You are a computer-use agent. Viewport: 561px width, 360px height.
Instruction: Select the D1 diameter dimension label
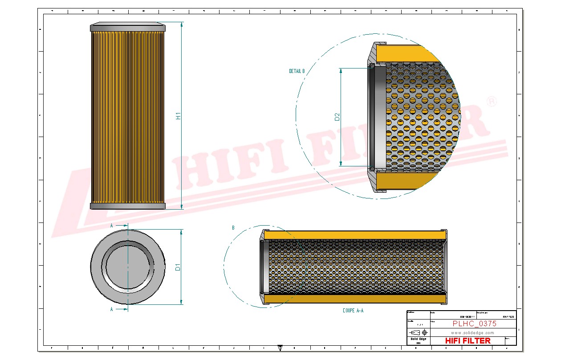(x=178, y=267)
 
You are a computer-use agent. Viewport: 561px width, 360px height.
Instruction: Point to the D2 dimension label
(x=337, y=117)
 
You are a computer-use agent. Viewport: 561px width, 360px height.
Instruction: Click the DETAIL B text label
(x=297, y=71)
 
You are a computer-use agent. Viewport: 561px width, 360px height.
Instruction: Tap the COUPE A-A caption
(x=353, y=311)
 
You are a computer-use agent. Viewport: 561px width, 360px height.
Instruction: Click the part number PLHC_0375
(x=474, y=324)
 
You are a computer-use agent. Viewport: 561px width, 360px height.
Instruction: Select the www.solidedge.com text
(x=472, y=332)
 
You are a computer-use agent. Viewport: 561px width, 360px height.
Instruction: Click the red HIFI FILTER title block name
(x=467, y=340)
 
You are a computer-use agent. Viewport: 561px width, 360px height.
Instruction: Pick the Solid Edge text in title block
(x=418, y=339)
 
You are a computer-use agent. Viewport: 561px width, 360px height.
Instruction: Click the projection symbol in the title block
(x=418, y=332)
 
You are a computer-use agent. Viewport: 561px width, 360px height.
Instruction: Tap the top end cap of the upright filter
(x=128, y=28)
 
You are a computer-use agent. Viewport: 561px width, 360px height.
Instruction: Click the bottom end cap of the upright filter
(x=128, y=206)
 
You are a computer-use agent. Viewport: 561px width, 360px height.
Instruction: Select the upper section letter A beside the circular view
(x=111, y=226)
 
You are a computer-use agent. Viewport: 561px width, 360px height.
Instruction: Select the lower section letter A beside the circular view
(x=111, y=308)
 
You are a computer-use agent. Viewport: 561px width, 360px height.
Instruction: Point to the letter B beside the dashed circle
(x=233, y=228)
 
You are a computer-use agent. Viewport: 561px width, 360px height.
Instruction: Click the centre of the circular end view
(x=128, y=267)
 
